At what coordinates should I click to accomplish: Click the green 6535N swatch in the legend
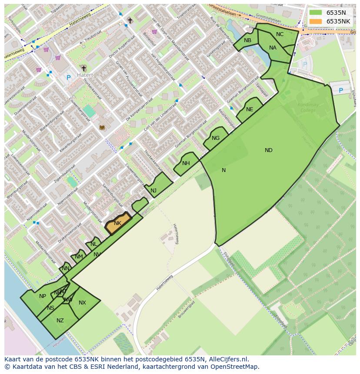click(x=316, y=13)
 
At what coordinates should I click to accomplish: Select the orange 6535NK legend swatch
click(x=316, y=21)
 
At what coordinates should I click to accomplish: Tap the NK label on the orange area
click(x=117, y=223)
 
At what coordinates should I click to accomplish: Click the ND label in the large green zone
click(x=269, y=150)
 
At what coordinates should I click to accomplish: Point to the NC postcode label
click(x=280, y=34)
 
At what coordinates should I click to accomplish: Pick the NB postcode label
click(x=247, y=40)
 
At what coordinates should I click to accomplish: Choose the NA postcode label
click(x=273, y=48)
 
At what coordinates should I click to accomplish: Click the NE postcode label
click(x=250, y=109)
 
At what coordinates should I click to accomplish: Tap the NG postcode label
click(x=216, y=138)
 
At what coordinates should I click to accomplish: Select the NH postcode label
click(x=186, y=163)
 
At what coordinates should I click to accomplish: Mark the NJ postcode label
click(x=153, y=191)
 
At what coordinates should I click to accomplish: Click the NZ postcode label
click(x=60, y=321)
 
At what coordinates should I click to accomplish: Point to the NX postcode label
click(x=82, y=303)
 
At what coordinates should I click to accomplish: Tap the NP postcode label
click(x=42, y=296)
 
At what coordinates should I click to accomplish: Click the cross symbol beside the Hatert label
click(x=83, y=68)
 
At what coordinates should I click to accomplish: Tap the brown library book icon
click(x=102, y=127)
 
